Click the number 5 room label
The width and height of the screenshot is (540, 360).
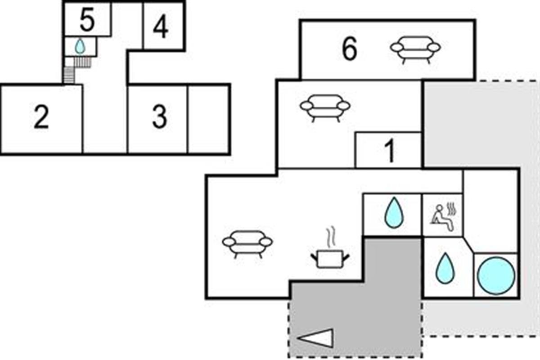[87, 21]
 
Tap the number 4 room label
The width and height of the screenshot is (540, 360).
[161, 27]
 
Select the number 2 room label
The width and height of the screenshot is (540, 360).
[41, 118]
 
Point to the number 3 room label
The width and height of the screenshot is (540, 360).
[159, 118]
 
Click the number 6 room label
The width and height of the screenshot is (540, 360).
[349, 49]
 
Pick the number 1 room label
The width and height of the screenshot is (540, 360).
[390, 152]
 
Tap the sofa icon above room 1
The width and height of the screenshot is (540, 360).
[325, 107]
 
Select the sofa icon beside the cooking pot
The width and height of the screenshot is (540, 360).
[247, 243]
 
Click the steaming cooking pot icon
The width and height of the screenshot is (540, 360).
[330, 254]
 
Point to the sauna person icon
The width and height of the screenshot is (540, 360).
[443, 215]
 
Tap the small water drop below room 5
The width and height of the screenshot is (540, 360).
[80, 46]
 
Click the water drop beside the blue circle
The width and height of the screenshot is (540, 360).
[445, 268]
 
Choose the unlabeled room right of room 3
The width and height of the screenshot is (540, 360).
[208, 119]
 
